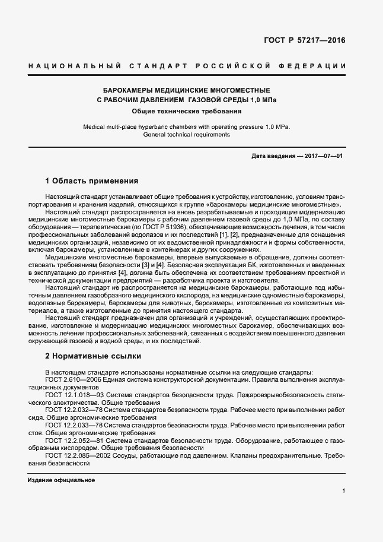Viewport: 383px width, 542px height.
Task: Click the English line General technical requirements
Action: pos(186,135)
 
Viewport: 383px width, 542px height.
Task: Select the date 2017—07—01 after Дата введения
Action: pos(324,156)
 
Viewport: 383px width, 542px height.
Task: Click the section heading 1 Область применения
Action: pos(91,181)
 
